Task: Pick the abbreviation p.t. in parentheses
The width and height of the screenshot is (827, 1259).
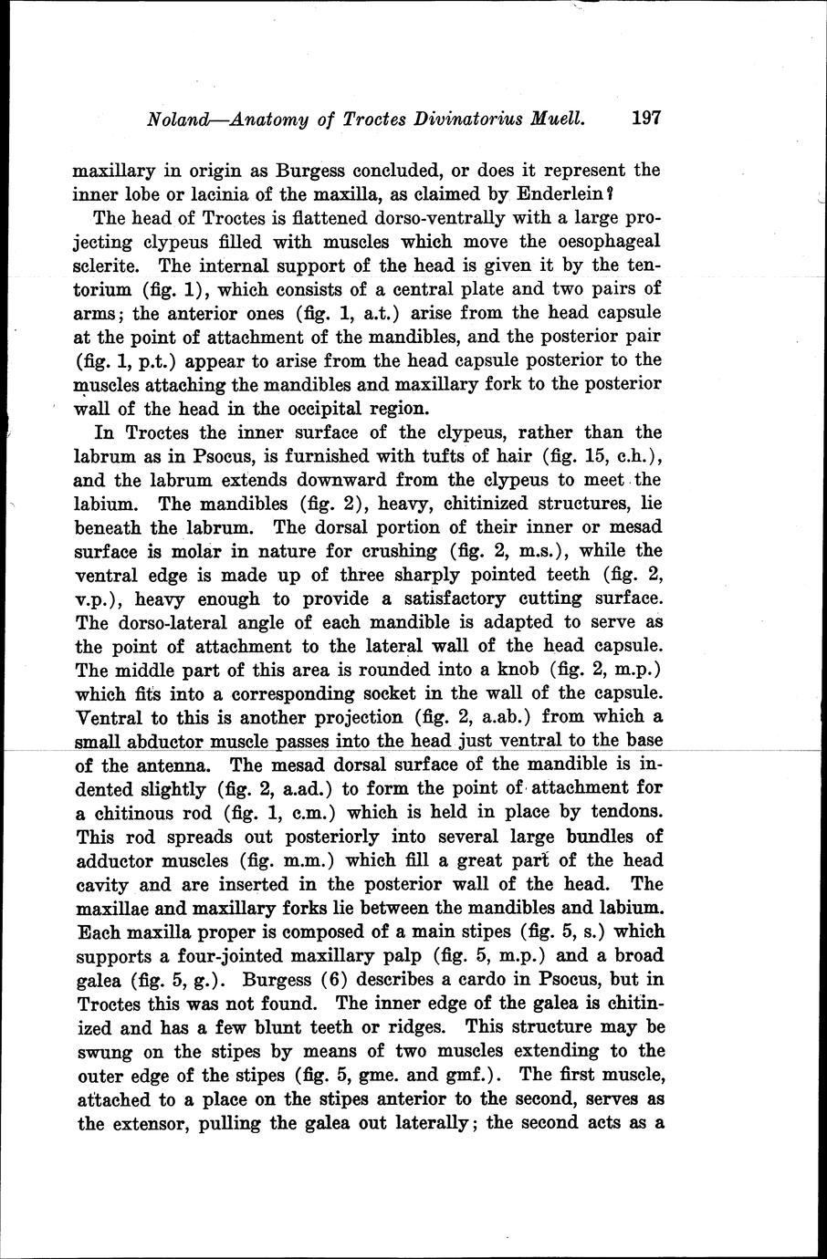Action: point(141,360)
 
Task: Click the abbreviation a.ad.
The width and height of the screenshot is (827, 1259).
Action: point(292,788)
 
